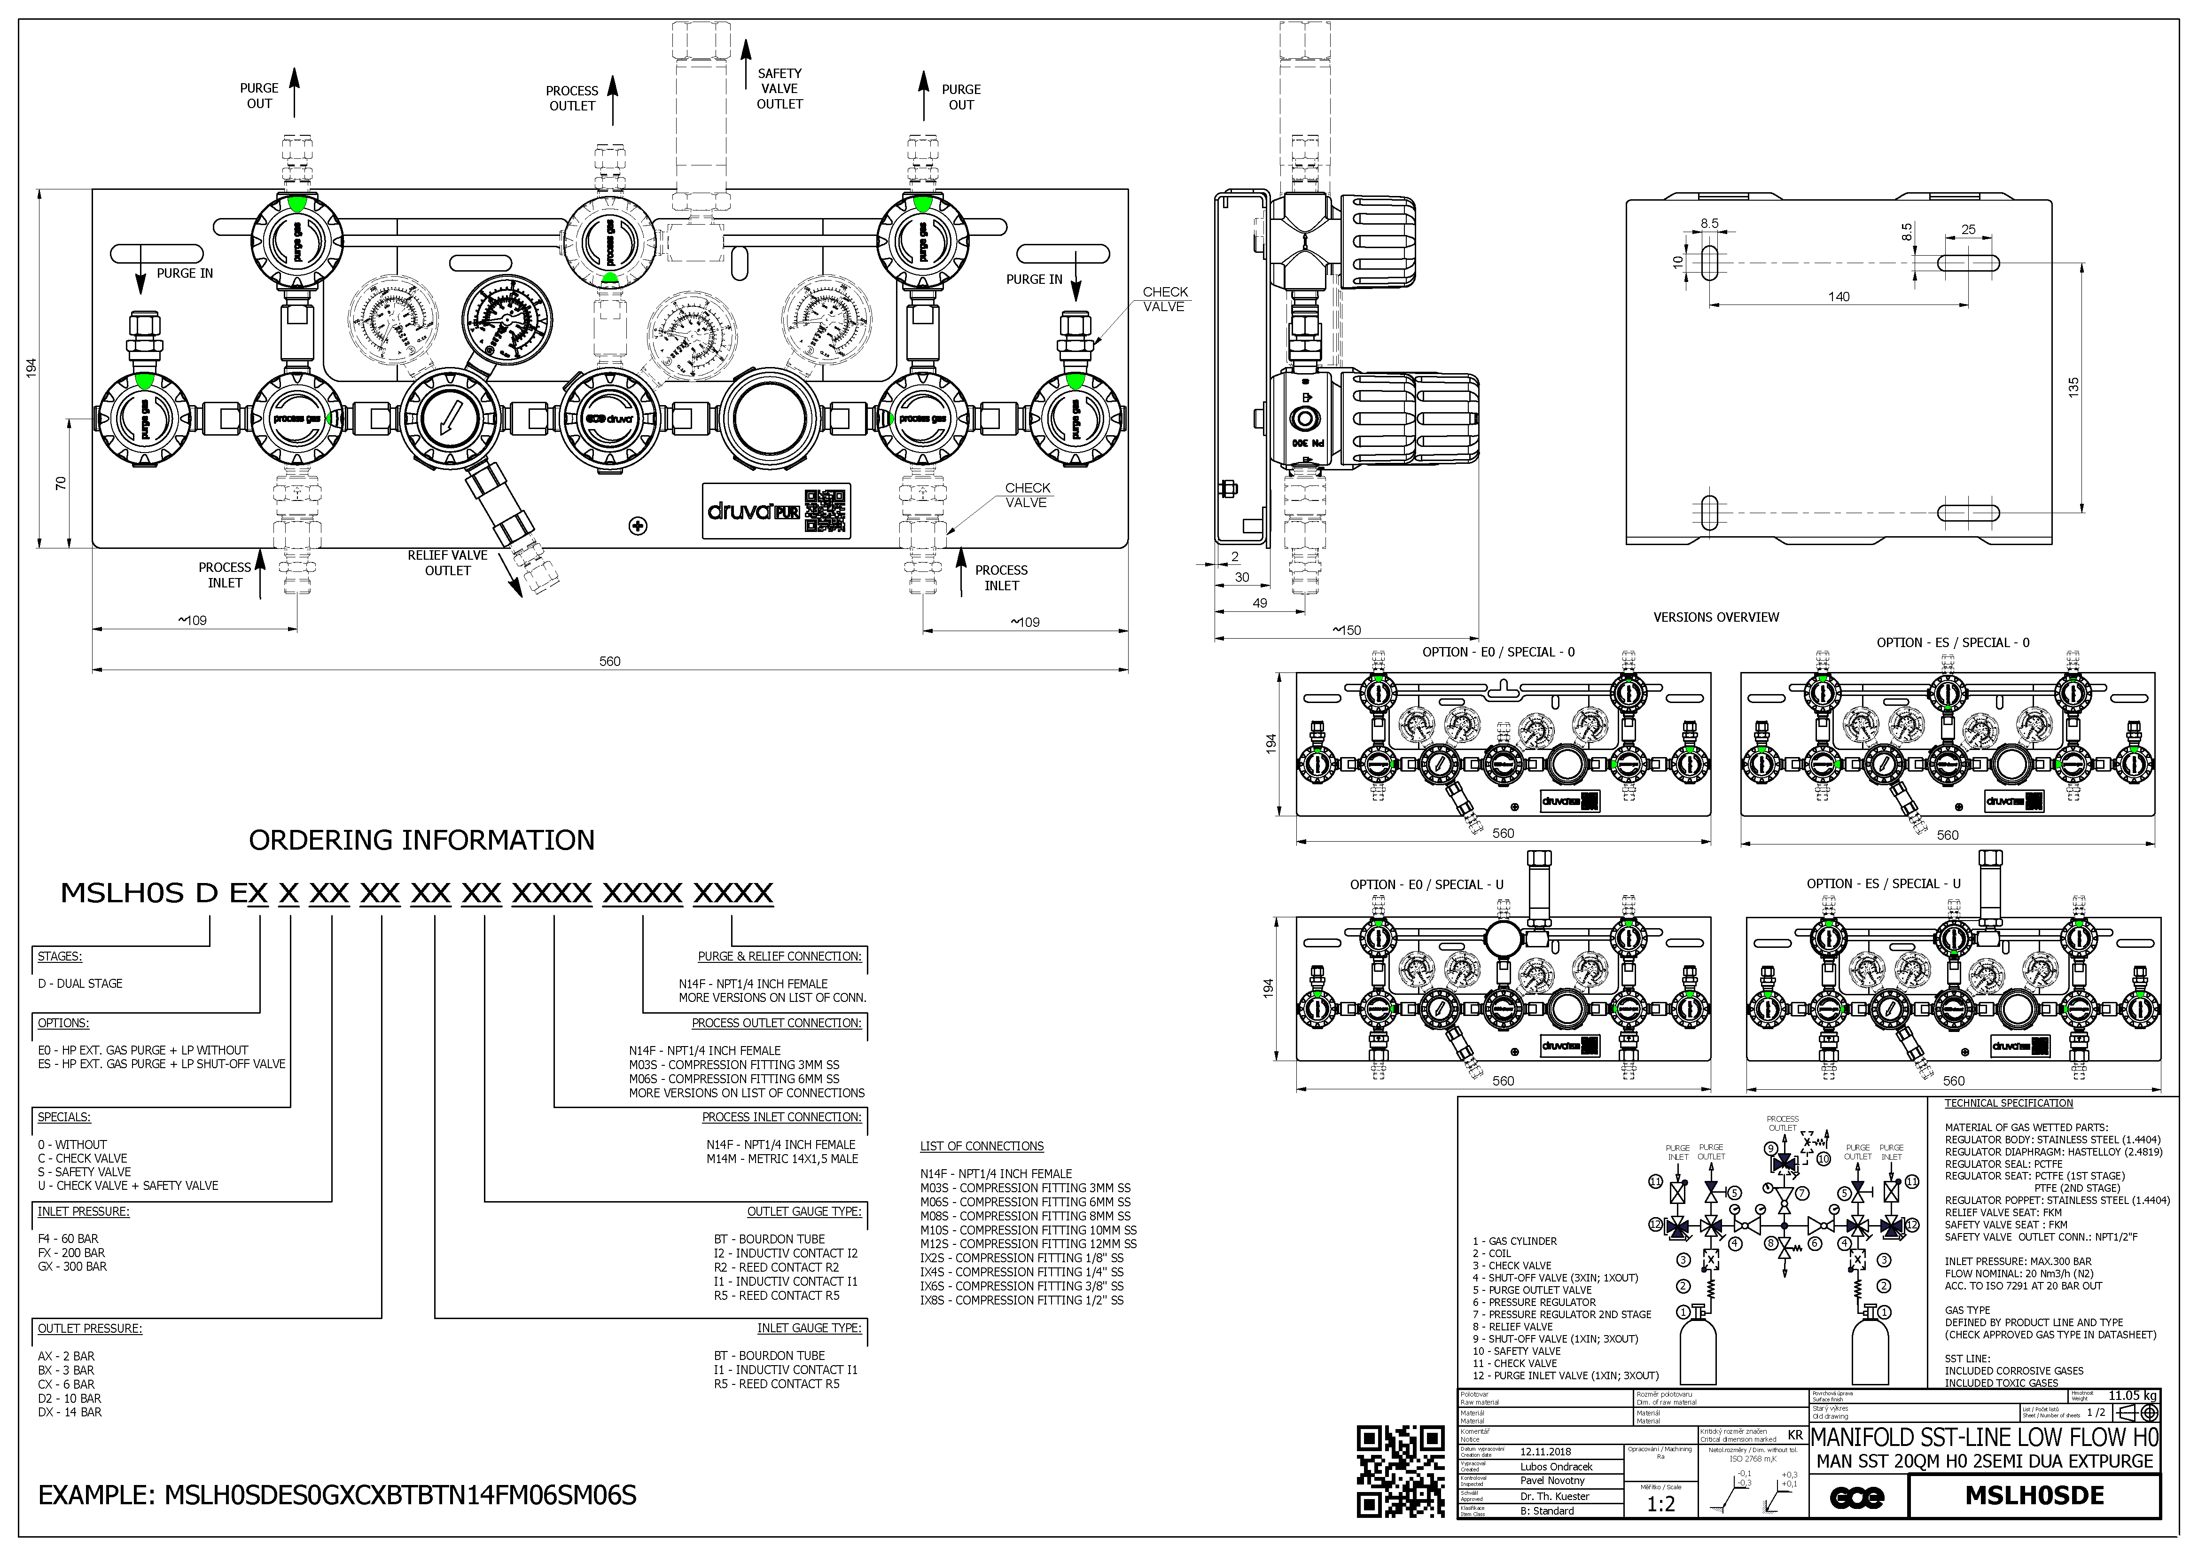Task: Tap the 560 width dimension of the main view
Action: coord(610,661)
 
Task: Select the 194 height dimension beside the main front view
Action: coord(31,368)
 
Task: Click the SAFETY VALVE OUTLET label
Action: coord(779,88)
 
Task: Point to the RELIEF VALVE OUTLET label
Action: coord(447,563)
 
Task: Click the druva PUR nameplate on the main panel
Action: coord(775,510)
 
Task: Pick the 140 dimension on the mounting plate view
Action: coord(1838,297)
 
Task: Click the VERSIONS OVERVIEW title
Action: coord(1715,617)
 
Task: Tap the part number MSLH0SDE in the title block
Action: coord(2034,1496)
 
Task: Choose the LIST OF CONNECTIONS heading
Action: coord(981,1146)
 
